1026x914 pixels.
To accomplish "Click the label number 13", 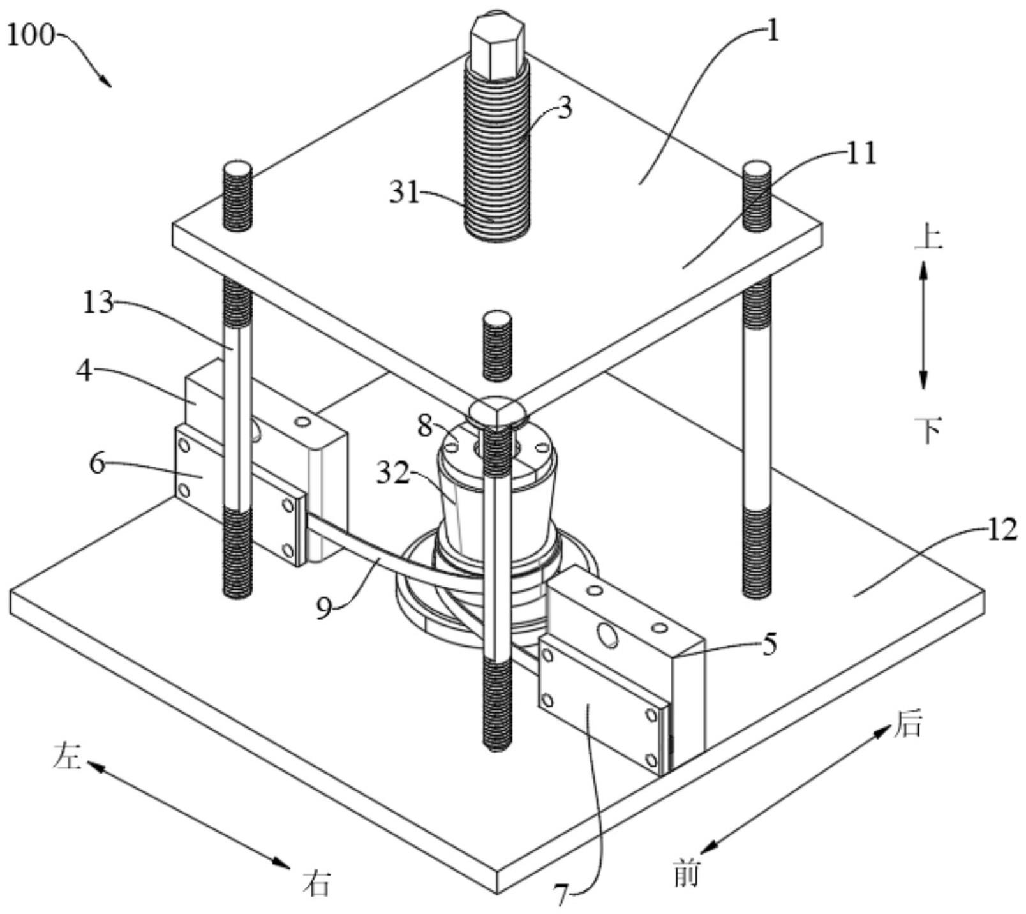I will [98, 303].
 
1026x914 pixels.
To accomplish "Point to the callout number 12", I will [1002, 529].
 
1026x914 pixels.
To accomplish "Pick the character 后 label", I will [907, 725].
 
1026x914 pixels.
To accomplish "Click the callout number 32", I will [392, 474].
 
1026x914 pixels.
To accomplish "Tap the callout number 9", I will [324, 608].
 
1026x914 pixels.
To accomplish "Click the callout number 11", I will [861, 154].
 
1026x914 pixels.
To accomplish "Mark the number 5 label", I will [771, 644].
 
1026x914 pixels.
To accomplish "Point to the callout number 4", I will [84, 371].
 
